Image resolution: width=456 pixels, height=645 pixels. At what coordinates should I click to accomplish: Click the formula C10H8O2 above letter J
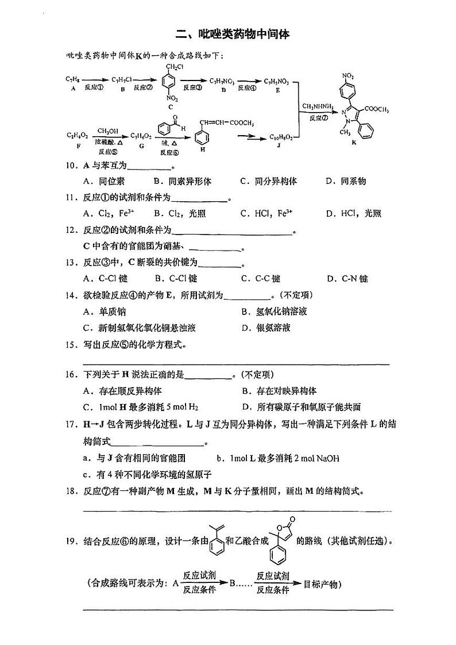tap(280, 137)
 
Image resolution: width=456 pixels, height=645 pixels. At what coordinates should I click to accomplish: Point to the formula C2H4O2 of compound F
tap(77, 136)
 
